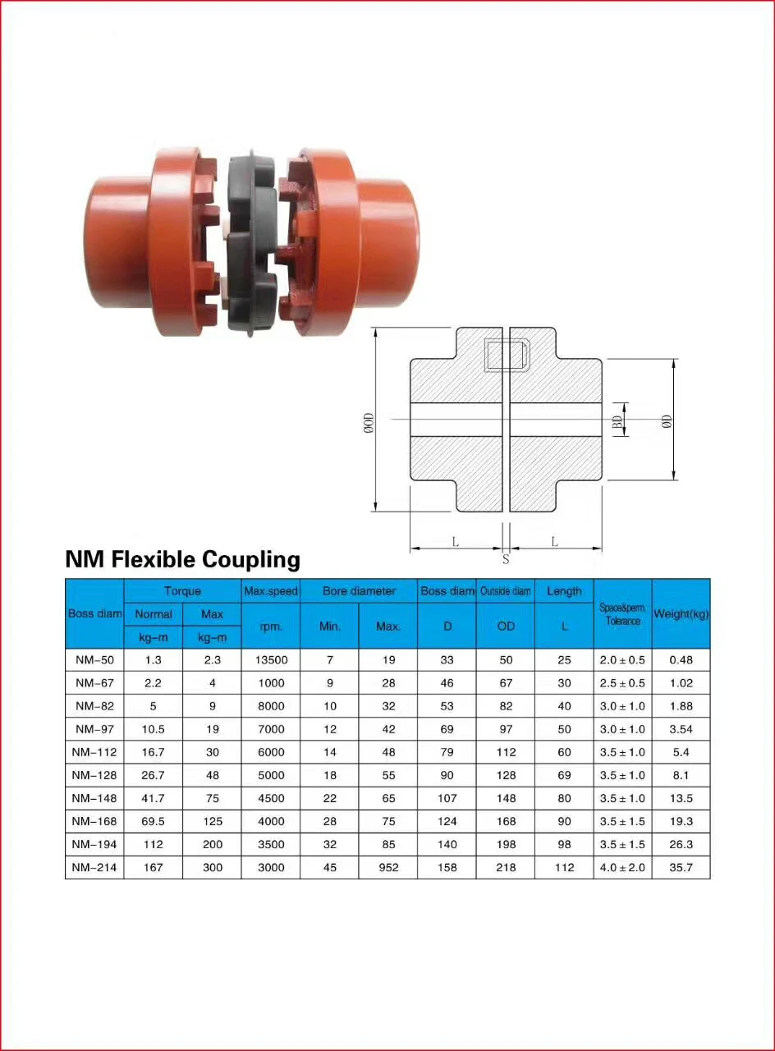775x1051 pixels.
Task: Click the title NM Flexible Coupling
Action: [182, 560]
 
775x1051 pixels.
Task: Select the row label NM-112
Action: [94, 752]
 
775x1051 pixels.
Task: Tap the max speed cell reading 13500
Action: [271, 660]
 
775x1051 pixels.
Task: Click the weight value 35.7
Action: [681, 867]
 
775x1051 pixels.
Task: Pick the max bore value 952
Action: [388, 867]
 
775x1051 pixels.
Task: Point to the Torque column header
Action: [182, 591]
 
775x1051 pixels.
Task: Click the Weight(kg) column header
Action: [681, 614]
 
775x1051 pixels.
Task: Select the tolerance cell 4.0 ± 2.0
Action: [622, 867]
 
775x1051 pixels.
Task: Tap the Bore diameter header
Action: [359, 591]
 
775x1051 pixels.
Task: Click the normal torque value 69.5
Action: [153, 821]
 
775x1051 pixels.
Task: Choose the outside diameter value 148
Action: [506, 798]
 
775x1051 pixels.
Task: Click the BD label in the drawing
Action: [617, 420]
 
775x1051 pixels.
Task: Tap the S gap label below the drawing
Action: [506, 560]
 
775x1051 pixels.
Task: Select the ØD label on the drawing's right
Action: [667, 420]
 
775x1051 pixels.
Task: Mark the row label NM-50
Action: [94, 660]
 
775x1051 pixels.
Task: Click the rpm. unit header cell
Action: [271, 626]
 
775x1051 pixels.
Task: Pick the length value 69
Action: [564, 775]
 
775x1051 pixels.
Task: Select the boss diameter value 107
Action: [447, 798]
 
